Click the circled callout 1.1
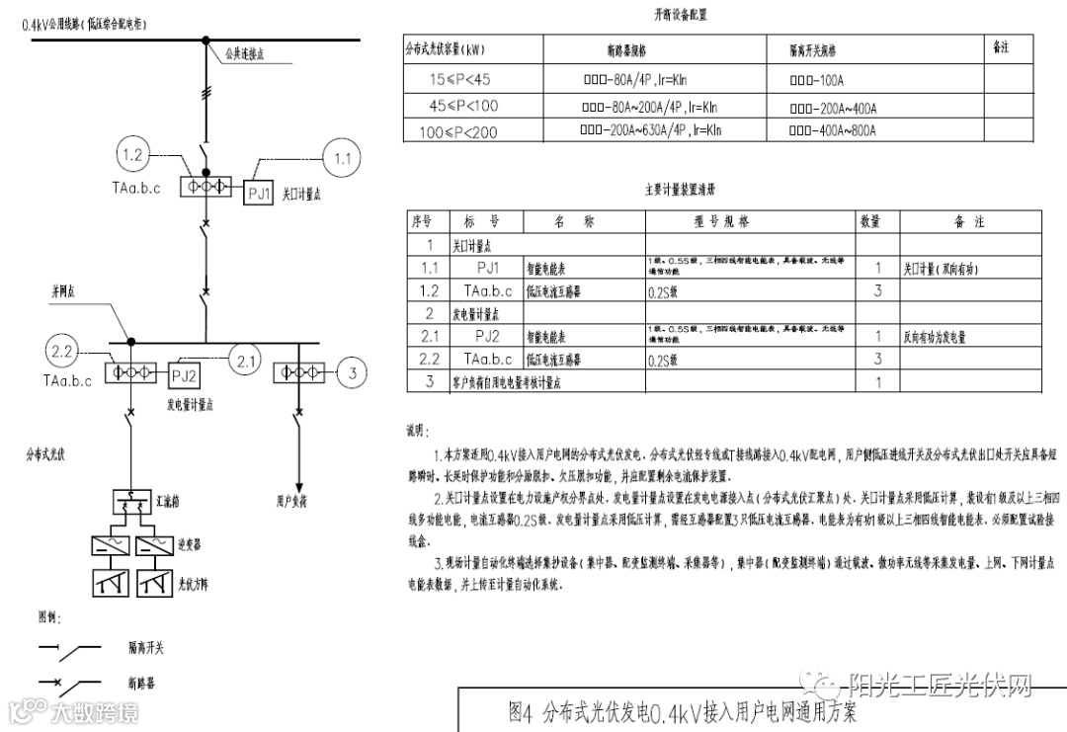click(x=344, y=158)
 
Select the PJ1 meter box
click(x=259, y=194)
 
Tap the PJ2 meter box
click(x=186, y=375)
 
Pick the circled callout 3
click(x=353, y=373)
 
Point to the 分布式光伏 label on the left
click(x=45, y=454)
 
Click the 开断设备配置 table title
click(x=681, y=16)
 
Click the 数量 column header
click(x=869, y=222)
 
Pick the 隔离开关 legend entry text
click(x=146, y=649)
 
